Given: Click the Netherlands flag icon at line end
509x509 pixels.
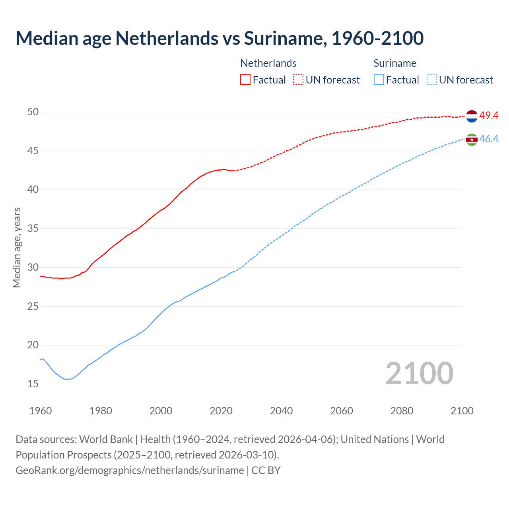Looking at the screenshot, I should [472, 116].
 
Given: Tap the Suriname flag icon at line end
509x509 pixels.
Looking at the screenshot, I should [472, 140].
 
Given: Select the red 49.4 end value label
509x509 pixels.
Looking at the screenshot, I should [489, 115].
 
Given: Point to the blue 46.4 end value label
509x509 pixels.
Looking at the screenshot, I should [489, 139].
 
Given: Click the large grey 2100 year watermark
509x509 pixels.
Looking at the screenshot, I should [419, 373].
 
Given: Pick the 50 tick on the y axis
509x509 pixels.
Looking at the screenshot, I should [33, 112].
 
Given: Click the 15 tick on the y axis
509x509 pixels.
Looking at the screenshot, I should [33, 384].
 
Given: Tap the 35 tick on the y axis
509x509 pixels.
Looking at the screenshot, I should [33, 229].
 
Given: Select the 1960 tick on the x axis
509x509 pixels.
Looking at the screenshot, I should [41, 411].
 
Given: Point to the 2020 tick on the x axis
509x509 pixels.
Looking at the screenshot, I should [221, 411].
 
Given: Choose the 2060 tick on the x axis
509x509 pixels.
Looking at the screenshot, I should [342, 411].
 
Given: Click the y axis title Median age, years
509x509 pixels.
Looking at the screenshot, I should [17, 247].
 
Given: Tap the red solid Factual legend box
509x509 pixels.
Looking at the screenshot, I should [245, 80].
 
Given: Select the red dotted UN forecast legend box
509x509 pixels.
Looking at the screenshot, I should [298, 80].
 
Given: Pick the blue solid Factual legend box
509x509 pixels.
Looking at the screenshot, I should [379, 80].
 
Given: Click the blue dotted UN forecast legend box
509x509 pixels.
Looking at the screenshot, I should [431, 80].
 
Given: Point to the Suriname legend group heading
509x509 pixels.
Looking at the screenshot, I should [395, 63].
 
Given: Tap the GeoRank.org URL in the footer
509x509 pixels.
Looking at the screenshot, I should [130, 470].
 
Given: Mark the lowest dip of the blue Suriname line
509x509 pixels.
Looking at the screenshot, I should [67, 379].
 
